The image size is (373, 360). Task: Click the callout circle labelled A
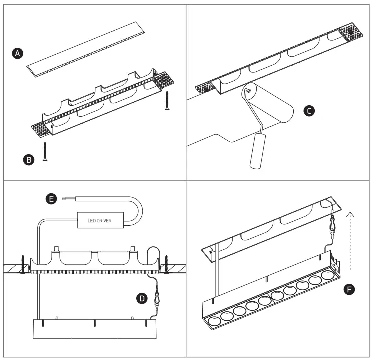(18, 53)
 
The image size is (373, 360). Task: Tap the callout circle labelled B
(29, 160)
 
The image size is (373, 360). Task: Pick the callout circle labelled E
(50, 199)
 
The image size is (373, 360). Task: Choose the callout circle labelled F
(350, 289)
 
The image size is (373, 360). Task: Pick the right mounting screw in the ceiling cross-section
(168, 264)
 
